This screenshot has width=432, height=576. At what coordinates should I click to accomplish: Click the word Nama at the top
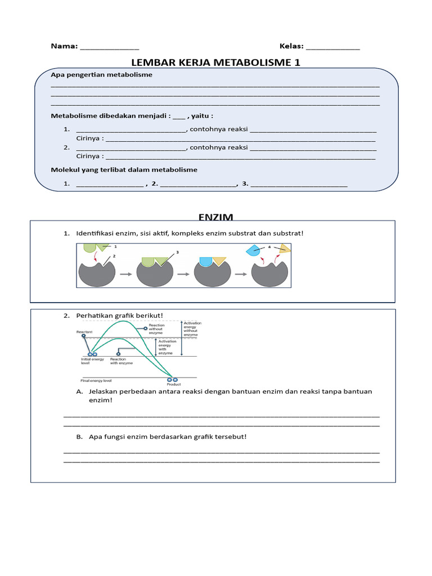click(64, 46)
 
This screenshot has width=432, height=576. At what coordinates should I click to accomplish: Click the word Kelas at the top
click(291, 46)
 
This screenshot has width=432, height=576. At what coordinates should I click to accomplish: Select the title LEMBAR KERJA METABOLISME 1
click(215, 62)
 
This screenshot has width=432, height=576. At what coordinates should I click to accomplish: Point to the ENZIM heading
click(215, 217)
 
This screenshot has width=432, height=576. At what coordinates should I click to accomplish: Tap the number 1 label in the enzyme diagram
click(115, 246)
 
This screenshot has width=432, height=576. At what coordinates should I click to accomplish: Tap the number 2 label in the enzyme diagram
click(114, 256)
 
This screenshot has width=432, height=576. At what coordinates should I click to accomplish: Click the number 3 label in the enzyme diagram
click(177, 253)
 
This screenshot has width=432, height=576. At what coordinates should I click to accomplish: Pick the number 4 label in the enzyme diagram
click(269, 246)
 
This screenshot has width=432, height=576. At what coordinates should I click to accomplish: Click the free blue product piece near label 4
click(254, 251)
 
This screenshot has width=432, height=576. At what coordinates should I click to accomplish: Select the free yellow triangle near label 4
click(285, 249)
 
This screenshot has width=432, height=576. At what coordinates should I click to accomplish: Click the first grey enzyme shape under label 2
click(96, 274)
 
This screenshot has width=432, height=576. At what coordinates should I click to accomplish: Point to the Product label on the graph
click(174, 385)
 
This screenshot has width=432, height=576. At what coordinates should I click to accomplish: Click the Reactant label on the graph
click(84, 332)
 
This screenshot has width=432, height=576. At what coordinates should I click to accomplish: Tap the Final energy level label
click(96, 381)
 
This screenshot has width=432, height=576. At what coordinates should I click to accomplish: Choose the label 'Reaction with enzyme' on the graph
click(121, 361)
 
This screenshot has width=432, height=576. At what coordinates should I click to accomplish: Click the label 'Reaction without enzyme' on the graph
click(156, 329)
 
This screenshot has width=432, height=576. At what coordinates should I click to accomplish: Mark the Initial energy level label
click(90, 361)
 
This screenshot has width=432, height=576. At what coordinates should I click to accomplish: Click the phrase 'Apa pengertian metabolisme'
click(101, 75)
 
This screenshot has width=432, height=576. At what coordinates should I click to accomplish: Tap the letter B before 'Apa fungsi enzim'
click(79, 436)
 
